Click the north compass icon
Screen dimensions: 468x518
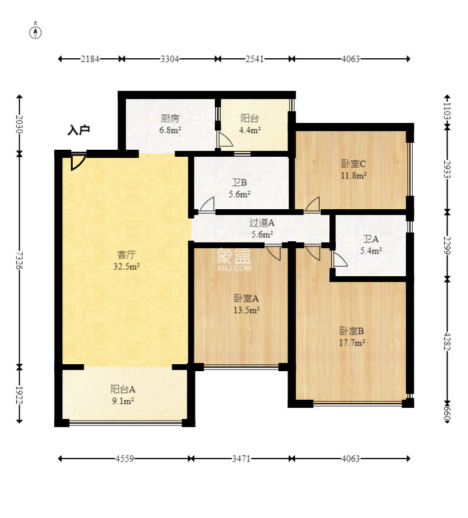36,31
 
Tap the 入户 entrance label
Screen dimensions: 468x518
79,130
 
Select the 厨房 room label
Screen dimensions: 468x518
170,118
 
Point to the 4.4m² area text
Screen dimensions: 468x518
250,130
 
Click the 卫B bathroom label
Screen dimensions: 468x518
239,182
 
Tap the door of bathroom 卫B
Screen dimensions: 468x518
207,205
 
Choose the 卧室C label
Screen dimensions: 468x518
353,164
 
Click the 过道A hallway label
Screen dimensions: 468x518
262,223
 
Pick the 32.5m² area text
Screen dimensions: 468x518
127,266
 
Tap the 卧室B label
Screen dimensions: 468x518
352,331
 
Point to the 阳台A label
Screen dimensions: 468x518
123,389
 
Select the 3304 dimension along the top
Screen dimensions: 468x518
169,59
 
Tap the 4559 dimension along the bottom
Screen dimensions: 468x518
125,459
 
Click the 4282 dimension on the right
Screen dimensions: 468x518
447,341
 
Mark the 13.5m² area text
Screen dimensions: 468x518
246,310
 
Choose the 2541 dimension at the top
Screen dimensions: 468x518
254,59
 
